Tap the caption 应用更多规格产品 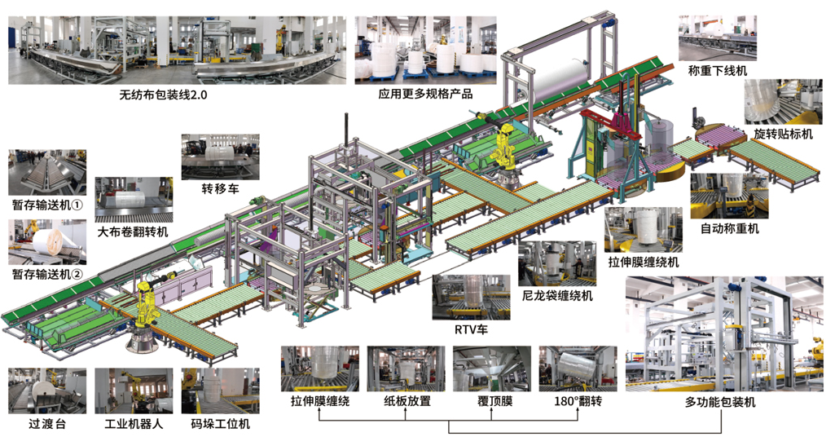click(x=425, y=94)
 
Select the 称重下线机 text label click(x=717, y=72)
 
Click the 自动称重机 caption click(x=729, y=228)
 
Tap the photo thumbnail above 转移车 click(x=218, y=157)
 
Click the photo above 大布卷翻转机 click(x=133, y=199)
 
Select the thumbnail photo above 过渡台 click(x=46, y=390)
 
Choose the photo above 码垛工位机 click(x=220, y=390)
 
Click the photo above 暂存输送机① click(x=47, y=171)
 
